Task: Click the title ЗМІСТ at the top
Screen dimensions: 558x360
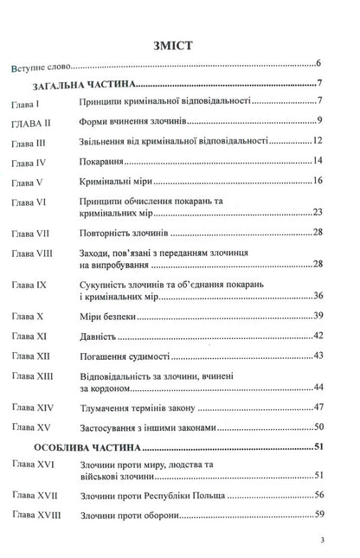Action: pyautogui.click(x=180, y=42)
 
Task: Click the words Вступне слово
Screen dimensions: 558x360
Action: pyautogui.click(x=41, y=66)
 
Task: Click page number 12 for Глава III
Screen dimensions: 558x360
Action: pyautogui.click(x=317, y=141)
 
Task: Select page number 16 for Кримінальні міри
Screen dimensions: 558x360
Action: pyautogui.click(x=317, y=180)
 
